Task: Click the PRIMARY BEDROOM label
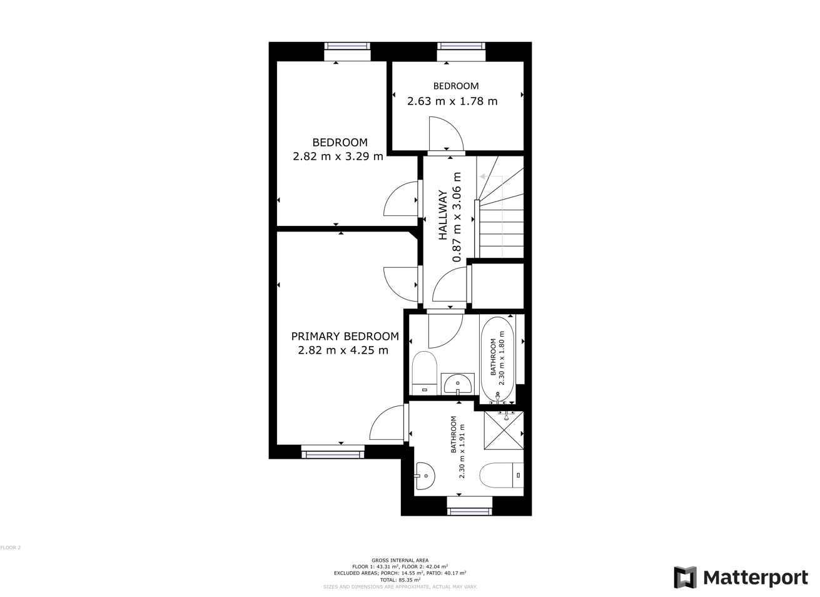[345, 336]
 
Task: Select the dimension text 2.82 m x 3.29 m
[338, 156]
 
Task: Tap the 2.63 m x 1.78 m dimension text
[452, 101]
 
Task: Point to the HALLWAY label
[443, 215]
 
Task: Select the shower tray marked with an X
[504, 430]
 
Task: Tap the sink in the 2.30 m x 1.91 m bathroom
[425, 476]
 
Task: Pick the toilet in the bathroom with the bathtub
[424, 373]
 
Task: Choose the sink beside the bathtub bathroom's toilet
[458, 384]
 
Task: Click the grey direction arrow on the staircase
[483, 176]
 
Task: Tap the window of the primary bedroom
[333, 451]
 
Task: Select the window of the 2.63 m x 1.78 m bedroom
[462, 46]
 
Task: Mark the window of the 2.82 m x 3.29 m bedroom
[347, 46]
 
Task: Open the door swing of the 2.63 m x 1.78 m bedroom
[446, 135]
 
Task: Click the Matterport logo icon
[684, 577]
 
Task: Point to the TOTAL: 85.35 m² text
[400, 579]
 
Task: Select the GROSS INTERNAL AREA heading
[400, 560]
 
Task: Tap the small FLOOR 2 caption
[11, 548]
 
